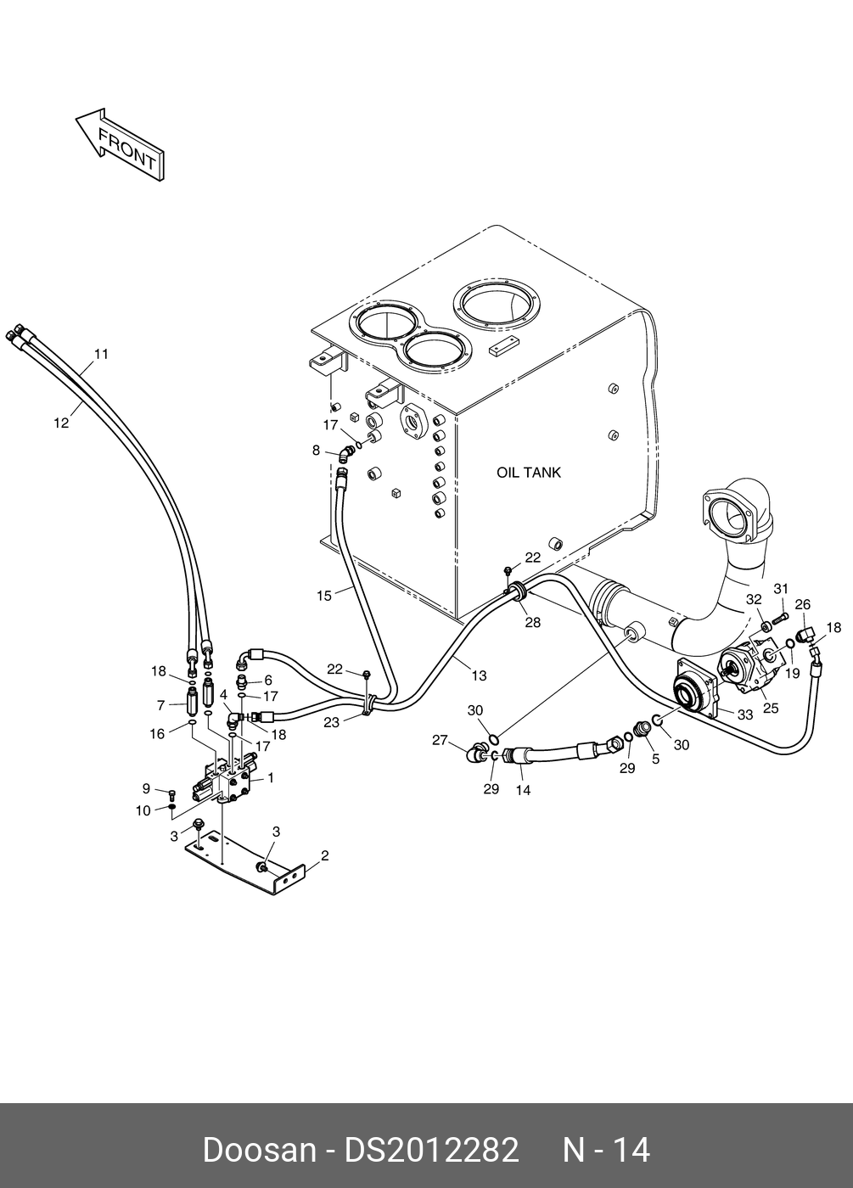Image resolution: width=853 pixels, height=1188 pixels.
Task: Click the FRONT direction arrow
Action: pyautogui.click(x=121, y=145)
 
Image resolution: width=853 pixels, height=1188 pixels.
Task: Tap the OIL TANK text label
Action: pyautogui.click(x=528, y=472)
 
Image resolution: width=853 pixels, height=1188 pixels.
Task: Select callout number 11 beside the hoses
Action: pyautogui.click(x=101, y=354)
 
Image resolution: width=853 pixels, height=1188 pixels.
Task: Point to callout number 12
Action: pyautogui.click(x=61, y=423)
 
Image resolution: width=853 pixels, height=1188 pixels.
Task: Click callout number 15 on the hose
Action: pyautogui.click(x=324, y=596)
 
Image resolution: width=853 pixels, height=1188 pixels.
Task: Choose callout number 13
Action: pyautogui.click(x=479, y=675)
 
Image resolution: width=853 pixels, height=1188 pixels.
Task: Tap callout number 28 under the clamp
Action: pyautogui.click(x=533, y=622)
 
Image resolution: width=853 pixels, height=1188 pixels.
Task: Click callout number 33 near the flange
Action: pyautogui.click(x=745, y=714)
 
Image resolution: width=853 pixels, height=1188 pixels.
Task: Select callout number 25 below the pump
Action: pyautogui.click(x=771, y=708)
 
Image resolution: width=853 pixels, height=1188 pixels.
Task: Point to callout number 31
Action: pyautogui.click(x=781, y=588)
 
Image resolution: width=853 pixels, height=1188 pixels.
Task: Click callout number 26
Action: pyautogui.click(x=803, y=604)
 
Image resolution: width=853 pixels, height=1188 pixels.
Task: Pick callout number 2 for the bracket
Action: pyautogui.click(x=324, y=855)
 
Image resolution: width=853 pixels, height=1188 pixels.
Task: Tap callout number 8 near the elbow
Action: pyautogui.click(x=316, y=451)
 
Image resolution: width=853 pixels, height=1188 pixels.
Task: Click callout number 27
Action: pyautogui.click(x=440, y=739)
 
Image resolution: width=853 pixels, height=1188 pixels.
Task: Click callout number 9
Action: pyautogui.click(x=146, y=788)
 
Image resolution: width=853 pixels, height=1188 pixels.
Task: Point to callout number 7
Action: pyautogui.click(x=161, y=705)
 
